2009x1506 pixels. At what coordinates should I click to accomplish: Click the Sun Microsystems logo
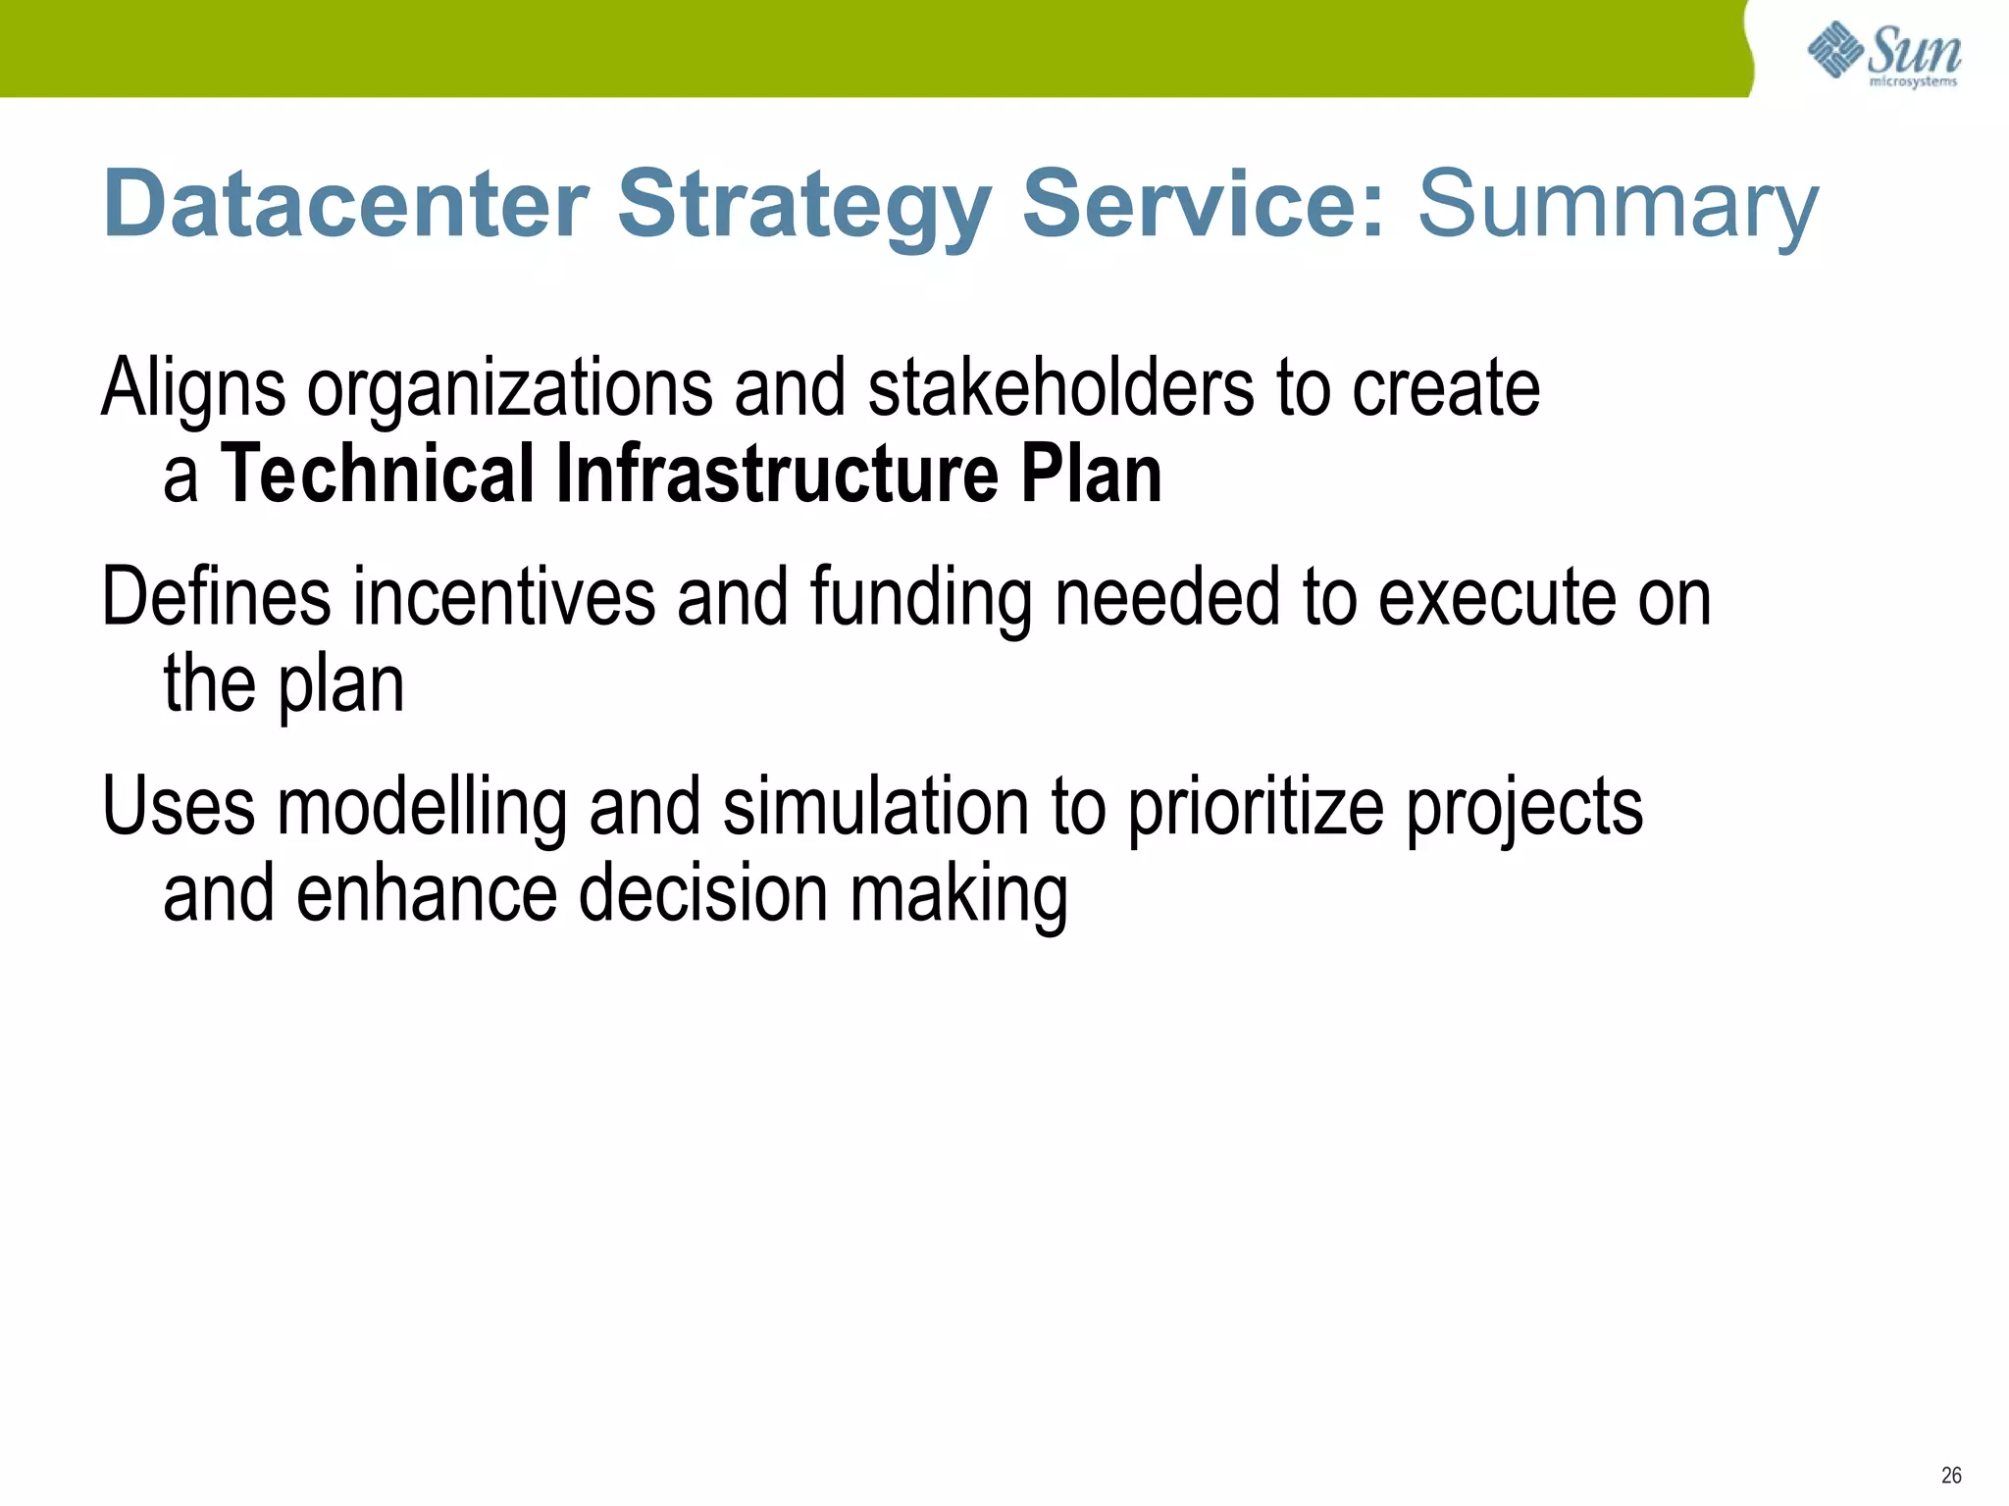click(1883, 55)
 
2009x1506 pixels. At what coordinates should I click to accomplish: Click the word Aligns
click(193, 388)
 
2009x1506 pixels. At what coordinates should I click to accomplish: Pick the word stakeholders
click(1060, 388)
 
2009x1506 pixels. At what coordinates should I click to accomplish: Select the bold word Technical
click(378, 475)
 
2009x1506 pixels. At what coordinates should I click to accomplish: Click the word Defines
click(216, 598)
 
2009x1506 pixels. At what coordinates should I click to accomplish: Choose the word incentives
click(503, 598)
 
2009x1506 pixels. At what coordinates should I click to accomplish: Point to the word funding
click(920, 598)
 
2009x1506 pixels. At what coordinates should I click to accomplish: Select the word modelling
click(423, 808)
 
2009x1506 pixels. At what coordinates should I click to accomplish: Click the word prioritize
click(1255, 808)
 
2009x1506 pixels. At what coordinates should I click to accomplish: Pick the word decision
click(702, 894)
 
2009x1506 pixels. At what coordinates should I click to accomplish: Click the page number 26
click(1950, 1475)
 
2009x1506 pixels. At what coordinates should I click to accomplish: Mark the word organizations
click(509, 388)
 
